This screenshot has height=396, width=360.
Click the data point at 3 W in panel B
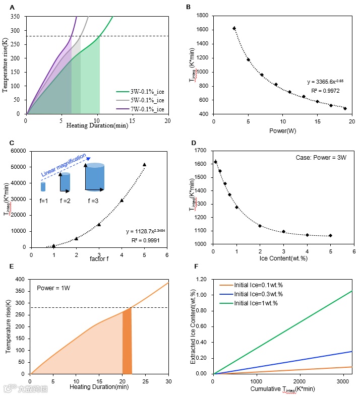pyautogui.click(x=234, y=28)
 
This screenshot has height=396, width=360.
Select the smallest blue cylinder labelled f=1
pyautogui.click(x=43, y=187)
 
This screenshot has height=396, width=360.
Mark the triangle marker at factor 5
pyautogui.click(x=144, y=164)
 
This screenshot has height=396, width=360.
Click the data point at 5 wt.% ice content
pyautogui.click(x=330, y=235)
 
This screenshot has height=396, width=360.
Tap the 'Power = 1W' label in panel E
pyautogui.click(x=54, y=289)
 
